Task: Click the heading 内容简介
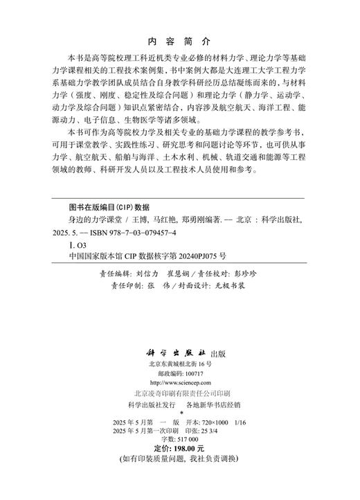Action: tap(179, 42)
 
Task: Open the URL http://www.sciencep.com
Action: tap(179, 382)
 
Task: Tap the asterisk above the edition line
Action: tap(179, 413)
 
